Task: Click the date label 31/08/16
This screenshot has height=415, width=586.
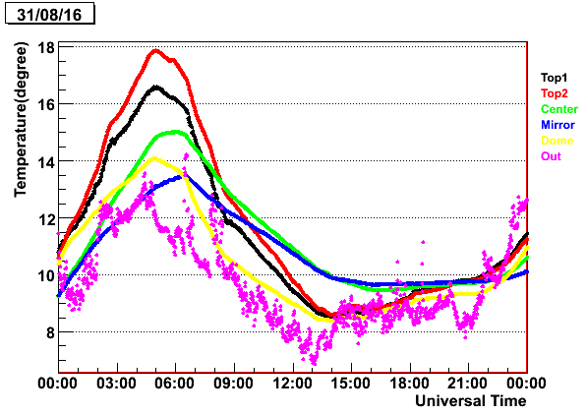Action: (49, 15)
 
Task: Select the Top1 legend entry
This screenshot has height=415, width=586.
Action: (554, 78)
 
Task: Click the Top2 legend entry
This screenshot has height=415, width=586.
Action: (554, 93)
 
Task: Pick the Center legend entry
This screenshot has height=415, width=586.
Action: (559, 109)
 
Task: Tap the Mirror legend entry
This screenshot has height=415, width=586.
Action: (557, 125)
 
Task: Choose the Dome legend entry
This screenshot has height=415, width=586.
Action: (557, 141)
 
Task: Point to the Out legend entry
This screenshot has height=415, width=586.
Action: (551, 156)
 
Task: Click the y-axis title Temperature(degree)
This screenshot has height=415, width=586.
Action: (21, 120)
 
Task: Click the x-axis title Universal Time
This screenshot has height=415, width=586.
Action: (471, 401)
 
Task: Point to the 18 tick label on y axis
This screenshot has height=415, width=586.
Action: (45, 48)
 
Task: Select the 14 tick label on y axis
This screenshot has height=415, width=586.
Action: (45, 162)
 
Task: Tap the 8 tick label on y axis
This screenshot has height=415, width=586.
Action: (50, 332)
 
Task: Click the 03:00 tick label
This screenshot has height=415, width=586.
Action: (117, 384)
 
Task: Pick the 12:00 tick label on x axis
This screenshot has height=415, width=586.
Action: (292, 384)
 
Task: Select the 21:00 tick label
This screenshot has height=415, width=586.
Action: (468, 384)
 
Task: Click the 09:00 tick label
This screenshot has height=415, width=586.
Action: (234, 384)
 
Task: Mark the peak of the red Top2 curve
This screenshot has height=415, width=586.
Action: (156, 50)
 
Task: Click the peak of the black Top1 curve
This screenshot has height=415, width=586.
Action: (156, 87)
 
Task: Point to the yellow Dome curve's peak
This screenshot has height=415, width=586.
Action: (154, 158)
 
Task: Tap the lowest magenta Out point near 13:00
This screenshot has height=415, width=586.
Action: (314, 364)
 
